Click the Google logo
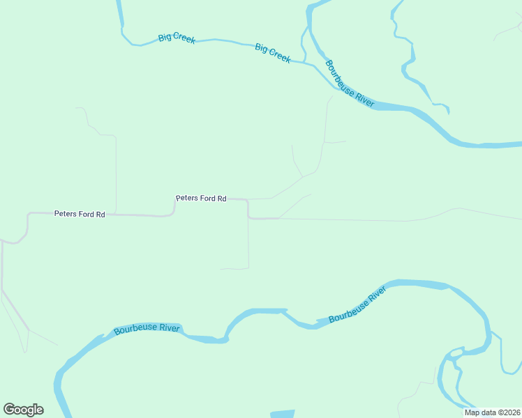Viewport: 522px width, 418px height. [x=23, y=410]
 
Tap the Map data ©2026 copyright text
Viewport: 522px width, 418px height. [x=492, y=412]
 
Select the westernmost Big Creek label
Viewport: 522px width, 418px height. [x=177, y=38]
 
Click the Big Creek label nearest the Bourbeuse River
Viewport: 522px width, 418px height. [x=272, y=54]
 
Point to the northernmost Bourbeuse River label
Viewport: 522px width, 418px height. [x=350, y=82]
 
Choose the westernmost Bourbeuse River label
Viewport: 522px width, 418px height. [x=147, y=328]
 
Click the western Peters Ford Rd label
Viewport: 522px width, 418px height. [x=80, y=214]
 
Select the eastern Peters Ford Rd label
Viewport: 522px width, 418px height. [x=201, y=199]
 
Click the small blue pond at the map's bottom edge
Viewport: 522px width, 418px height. [x=282, y=414]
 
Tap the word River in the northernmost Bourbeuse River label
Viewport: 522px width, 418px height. [x=364, y=97]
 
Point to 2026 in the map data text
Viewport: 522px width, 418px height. [x=510, y=412]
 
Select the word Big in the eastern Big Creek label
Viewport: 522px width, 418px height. [x=261, y=48]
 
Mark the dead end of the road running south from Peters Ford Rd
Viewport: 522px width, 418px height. [x=221, y=268]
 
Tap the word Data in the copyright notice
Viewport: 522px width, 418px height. [x=486, y=412]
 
